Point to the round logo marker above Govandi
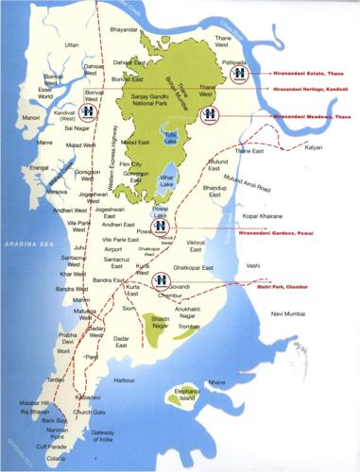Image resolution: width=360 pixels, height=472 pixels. (x=162, y=278)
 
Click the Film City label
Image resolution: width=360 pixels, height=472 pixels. (x=140, y=163)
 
